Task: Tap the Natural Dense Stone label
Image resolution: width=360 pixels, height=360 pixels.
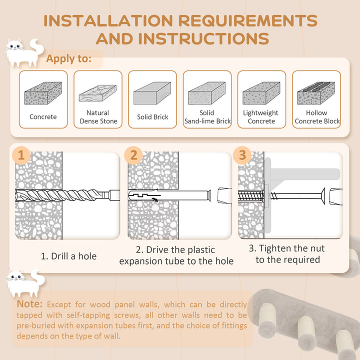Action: [x=98, y=117]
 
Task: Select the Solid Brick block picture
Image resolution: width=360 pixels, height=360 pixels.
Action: [x=152, y=93]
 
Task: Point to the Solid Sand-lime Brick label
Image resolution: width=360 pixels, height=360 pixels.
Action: [x=207, y=117]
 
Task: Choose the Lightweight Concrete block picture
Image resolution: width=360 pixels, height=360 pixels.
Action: [x=261, y=93]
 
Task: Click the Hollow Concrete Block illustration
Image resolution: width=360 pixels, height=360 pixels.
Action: [x=316, y=93]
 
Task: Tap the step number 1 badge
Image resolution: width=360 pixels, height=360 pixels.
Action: [x=21, y=155]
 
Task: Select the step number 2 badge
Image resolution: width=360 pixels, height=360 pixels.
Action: [x=133, y=155]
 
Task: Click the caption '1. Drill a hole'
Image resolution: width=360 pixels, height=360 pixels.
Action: [x=68, y=256]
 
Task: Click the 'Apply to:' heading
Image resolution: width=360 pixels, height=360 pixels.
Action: [x=69, y=59]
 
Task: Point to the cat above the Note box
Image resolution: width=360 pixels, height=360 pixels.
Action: [x=22, y=282]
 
